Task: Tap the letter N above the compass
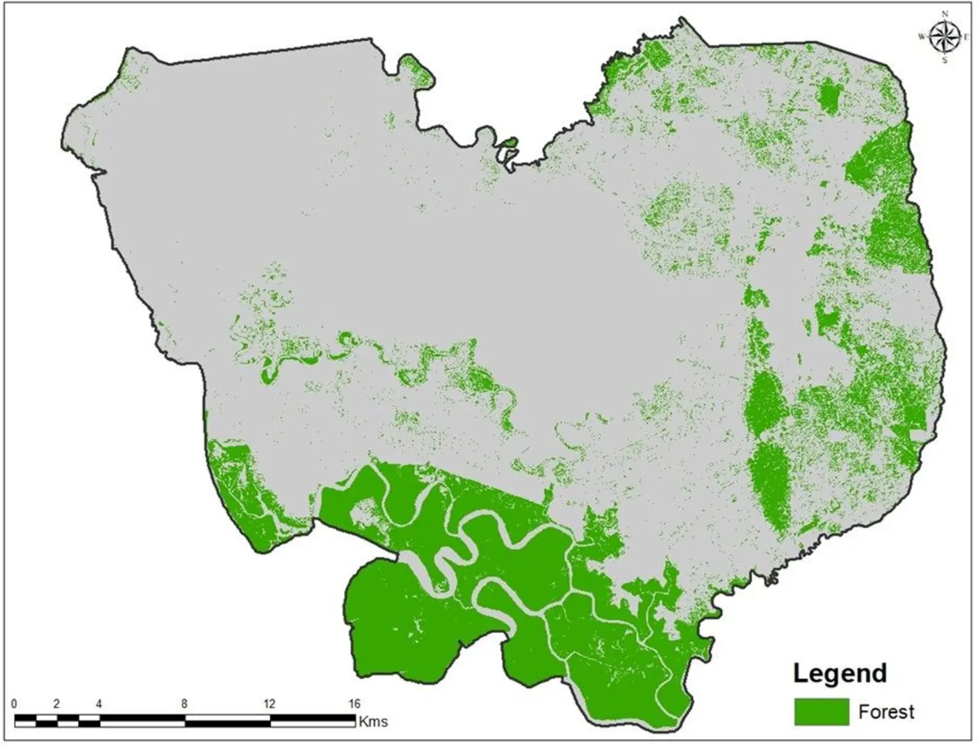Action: pos(945,14)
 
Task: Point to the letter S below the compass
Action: pos(945,60)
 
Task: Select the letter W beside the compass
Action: pos(922,37)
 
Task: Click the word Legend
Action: pos(840,673)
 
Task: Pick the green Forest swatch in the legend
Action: pos(821,712)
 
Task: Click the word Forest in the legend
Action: pos(886,712)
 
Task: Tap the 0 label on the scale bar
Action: pos(15,704)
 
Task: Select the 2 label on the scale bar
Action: pos(57,704)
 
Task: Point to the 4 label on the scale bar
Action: pos(99,704)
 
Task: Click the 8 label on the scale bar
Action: pos(184,704)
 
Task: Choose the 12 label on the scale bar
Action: pos(269,704)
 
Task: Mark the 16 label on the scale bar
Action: pos(354,704)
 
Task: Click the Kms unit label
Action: pos(373,721)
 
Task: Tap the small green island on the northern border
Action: pos(510,143)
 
